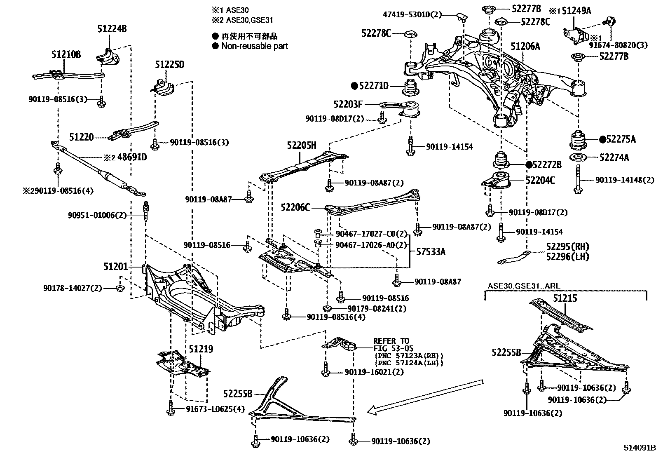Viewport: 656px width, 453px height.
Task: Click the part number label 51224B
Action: click(112, 29)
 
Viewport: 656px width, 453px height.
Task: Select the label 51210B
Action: click(66, 54)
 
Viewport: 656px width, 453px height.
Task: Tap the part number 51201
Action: click(116, 267)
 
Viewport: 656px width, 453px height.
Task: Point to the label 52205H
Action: click(302, 146)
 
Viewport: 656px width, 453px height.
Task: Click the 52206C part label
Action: click(295, 207)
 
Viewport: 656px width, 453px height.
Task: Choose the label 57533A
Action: click(431, 251)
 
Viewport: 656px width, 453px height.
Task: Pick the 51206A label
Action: click(525, 46)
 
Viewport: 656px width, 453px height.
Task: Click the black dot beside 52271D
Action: click(355, 86)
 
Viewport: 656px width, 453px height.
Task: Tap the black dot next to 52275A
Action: click(602, 139)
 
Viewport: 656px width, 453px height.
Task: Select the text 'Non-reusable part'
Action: click(255, 46)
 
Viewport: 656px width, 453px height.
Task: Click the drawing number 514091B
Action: click(639, 447)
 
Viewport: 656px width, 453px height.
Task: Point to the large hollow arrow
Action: click(425, 397)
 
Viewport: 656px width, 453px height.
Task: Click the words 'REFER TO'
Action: click(391, 341)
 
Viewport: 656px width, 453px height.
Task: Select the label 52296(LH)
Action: click(567, 257)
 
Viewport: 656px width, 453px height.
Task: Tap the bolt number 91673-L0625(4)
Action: click(215, 409)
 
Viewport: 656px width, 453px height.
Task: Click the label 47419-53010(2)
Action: click(412, 14)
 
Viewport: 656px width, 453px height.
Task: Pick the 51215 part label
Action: click(565, 298)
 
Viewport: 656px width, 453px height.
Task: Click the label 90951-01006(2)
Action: click(97, 215)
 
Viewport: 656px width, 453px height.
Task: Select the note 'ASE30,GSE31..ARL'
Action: click(524, 286)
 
